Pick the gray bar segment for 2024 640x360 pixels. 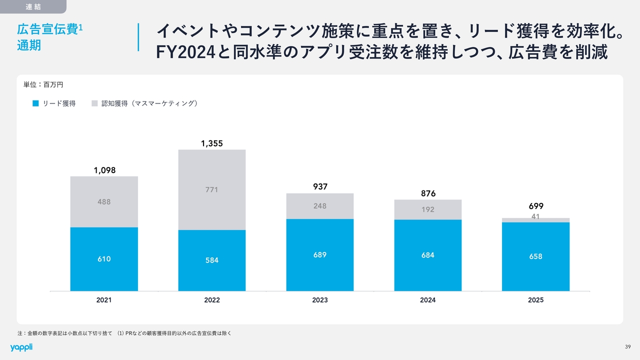pos(428,209)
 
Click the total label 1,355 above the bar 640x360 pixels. pos(212,143)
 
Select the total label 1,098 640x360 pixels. pos(104,170)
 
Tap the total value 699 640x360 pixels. pos(536,206)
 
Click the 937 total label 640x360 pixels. pos(320,186)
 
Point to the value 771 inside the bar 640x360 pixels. pos(212,190)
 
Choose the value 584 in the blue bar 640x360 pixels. pos(212,260)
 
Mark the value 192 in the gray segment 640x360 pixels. pos(428,210)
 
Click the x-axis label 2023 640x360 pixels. pos(320,300)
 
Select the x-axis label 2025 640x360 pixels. pos(536,300)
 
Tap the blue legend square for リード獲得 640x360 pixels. pos(35,103)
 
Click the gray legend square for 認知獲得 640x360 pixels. pos(95,103)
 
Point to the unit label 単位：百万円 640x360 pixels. pos(43,85)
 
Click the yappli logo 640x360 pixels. pos(21,347)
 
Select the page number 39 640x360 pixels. pos(628,347)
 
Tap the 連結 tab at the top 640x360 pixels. pos(32,6)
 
